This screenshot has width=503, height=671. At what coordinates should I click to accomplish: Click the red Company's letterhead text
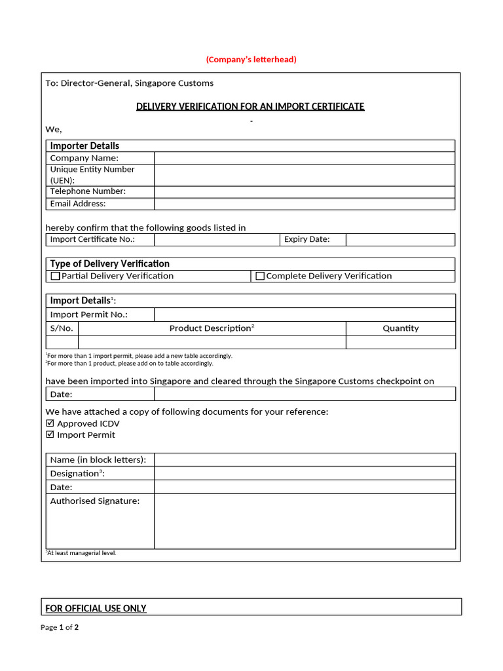[x=251, y=60]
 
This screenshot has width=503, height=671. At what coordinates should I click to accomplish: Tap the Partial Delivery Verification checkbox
[x=56, y=277]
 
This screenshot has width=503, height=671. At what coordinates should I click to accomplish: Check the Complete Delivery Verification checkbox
[x=260, y=277]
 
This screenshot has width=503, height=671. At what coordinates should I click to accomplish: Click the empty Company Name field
[x=305, y=158]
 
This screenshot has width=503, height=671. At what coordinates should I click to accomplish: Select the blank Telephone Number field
[x=305, y=192]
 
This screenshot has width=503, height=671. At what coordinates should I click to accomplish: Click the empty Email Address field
[x=305, y=204]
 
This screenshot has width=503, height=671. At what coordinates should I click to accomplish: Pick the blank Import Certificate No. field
[x=217, y=240]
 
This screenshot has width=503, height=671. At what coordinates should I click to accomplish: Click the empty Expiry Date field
[x=400, y=240]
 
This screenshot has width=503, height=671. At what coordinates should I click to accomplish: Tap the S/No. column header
[x=62, y=328]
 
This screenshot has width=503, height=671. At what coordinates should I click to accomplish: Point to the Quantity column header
[x=400, y=328]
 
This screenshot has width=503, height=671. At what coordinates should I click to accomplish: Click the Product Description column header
[x=212, y=328]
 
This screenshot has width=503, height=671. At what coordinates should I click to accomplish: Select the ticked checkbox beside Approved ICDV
[x=50, y=423]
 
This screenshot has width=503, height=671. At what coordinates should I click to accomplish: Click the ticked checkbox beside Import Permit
[x=50, y=434]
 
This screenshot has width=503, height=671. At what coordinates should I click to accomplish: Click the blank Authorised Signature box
[x=305, y=521]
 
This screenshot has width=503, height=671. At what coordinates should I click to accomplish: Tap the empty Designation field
[x=305, y=473]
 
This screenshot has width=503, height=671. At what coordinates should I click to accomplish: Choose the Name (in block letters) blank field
[x=305, y=459]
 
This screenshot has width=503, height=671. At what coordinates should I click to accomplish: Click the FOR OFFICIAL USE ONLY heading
[x=96, y=608]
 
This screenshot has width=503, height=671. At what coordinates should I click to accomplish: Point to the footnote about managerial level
[x=81, y=553]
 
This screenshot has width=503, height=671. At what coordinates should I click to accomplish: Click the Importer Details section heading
[x=84, y=145]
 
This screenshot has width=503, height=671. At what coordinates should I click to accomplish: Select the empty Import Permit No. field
[x=305, y=315]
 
